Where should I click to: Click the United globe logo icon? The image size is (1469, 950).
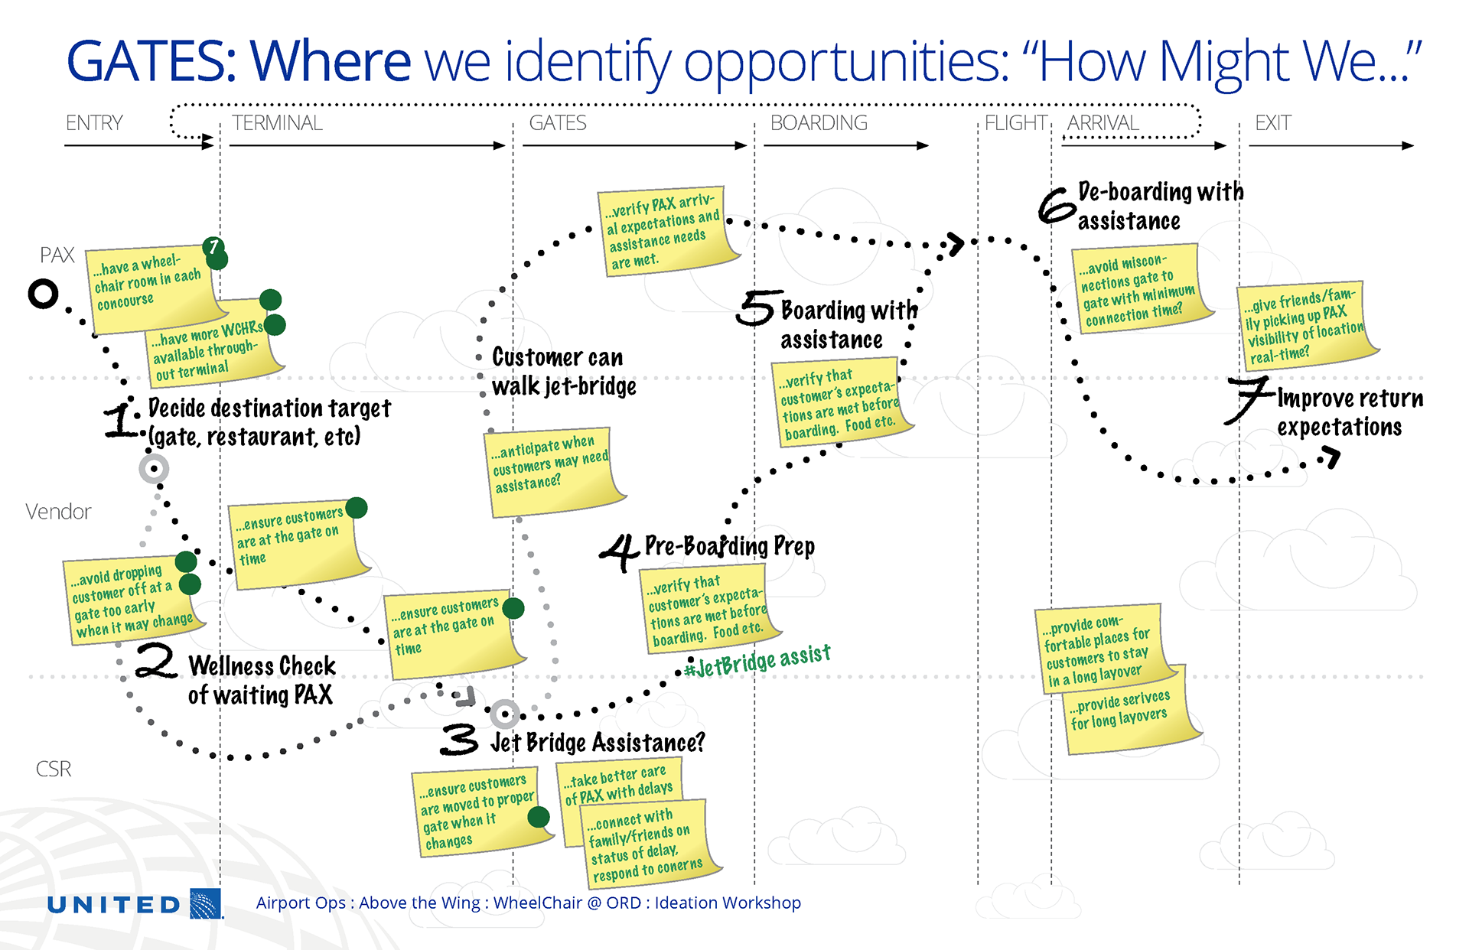[x=205, y=903]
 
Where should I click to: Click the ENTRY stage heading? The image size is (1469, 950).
[x=94, y=123]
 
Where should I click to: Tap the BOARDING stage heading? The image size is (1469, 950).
[x=819, y=123]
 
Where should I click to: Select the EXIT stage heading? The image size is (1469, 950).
[x=1272, y=123]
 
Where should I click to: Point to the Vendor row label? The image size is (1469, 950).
[x=58, y=512]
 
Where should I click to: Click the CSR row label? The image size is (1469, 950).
[x=54, y=769]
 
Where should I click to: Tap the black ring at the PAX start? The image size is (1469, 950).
[x=44, y=294]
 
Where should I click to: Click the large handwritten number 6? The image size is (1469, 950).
[x=1056, y=206]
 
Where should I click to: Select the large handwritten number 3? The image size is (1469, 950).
[x=460, y=740]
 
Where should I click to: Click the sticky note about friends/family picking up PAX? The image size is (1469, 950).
[x=1305, y=325]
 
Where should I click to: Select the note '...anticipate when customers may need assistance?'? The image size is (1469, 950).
[x=551, y=469]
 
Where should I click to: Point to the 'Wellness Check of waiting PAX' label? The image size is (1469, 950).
[x=261, y=680]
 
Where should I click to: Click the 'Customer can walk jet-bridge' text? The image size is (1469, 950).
[x=564, y=372]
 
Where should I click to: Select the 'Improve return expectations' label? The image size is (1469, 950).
[x=1349, y=412]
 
